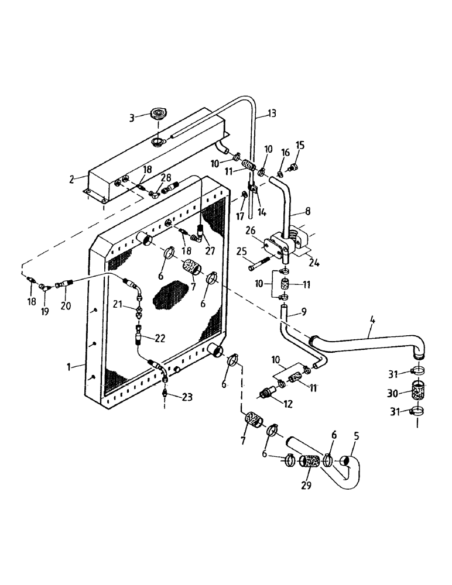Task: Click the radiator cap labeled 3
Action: pyautogui.click(x=159, y=114)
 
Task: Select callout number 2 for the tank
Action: pyautogui.click(x=71, y=180)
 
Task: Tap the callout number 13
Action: pyautogui.click(x=271, y=114)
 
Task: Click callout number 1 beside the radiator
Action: pyautogui.click(x=69, y=367)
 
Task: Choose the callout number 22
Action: pyautogui.click(x=159, y=338)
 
